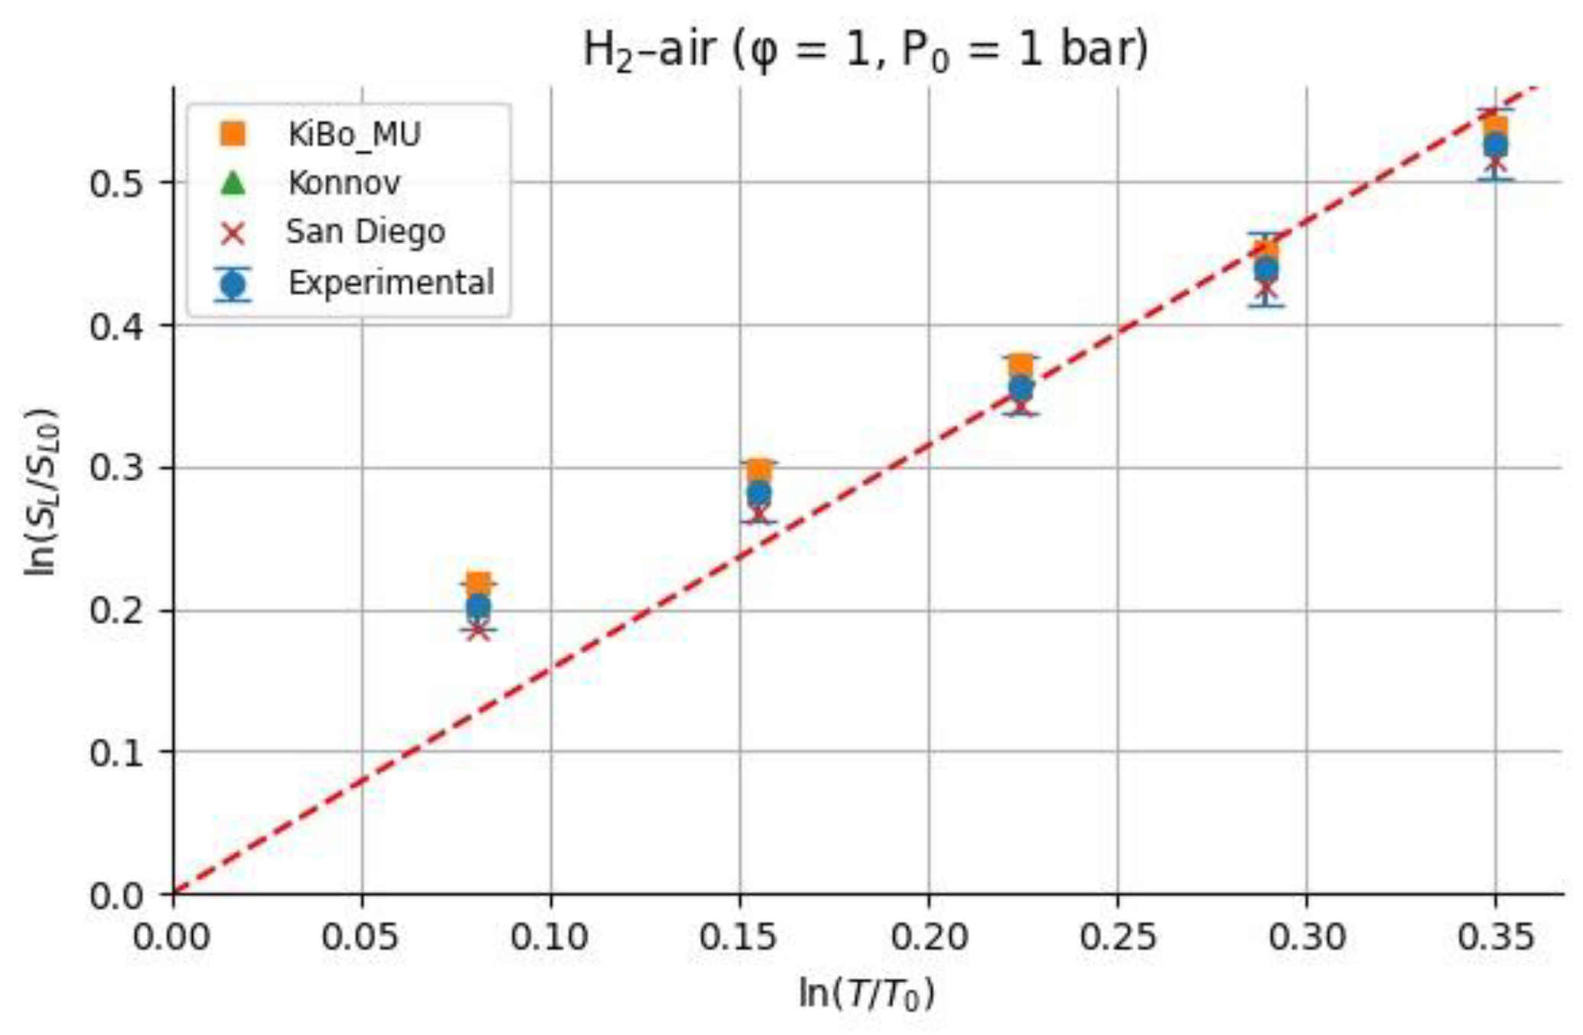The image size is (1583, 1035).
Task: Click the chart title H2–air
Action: tap(865, 50)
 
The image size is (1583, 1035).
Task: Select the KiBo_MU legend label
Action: tap(354, 135)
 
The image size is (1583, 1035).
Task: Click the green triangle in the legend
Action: tap(233, 183)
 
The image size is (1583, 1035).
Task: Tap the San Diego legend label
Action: tap(366, 231)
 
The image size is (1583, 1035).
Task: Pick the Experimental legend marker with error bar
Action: tap(233, 284)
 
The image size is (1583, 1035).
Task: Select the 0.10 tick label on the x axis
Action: tap(550, 936)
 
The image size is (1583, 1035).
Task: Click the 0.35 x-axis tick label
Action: tap(1494, 936)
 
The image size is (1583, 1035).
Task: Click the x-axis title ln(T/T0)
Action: tap(865, 994)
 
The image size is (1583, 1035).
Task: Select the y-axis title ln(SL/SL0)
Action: tap(41, 491)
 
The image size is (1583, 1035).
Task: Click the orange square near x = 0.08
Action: tap(478, 585)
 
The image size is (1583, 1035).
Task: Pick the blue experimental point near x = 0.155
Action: tap(758, 493)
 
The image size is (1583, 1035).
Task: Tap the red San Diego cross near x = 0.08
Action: tap(478, 630)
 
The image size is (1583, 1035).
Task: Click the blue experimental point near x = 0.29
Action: tap(1266, 269)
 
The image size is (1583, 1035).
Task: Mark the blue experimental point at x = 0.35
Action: tap(1495, 145)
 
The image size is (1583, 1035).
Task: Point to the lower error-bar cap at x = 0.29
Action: tap(1266, 306)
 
